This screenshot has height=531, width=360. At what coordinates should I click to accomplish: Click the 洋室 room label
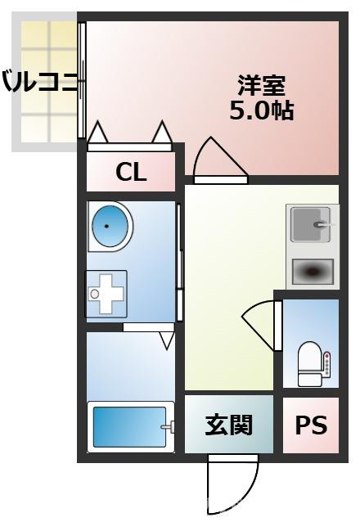[x=261, y=85]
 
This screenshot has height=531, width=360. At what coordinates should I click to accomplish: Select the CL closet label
[x=131, y=172]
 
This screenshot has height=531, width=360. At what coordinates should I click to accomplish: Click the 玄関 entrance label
[x=228, y=425]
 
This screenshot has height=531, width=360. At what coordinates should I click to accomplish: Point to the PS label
[x=310, y=425]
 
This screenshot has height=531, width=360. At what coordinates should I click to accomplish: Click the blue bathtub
[x=127, y=426]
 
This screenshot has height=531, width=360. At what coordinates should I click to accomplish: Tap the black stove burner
[x=312, y=270]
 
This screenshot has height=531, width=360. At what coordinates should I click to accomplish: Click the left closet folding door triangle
[x=98, y=133]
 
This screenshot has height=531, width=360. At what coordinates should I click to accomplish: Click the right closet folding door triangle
[x=162, y=132]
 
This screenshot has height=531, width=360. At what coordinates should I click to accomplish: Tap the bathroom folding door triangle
[x=167, y=339]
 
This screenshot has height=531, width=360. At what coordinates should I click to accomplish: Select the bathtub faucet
[x=168, y=426]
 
